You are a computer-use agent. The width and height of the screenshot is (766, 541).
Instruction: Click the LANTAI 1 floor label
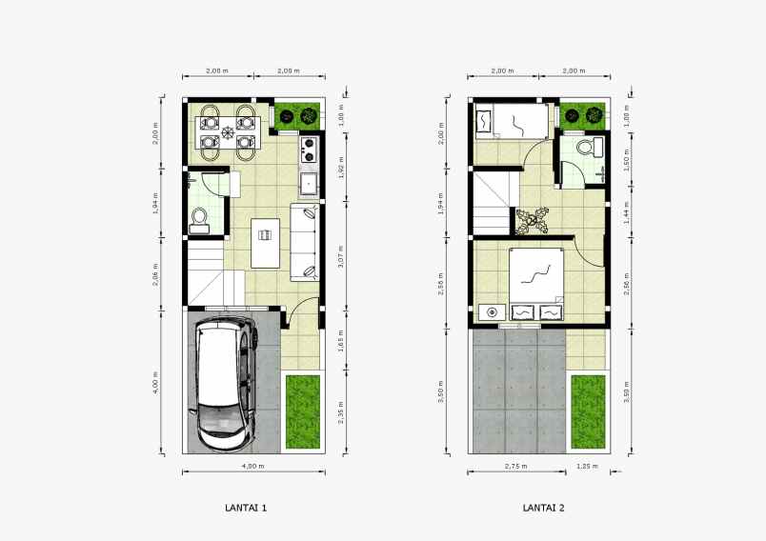(x=245, y=509)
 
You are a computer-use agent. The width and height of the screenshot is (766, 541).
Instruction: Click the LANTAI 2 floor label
(x=543, y=509)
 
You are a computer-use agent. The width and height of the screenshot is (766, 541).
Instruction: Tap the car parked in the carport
(x=225, y=386)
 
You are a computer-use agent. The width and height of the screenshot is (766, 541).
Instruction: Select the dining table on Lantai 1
(x=227, y=131)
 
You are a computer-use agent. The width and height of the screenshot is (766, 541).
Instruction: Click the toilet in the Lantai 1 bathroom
(x=199, y=220)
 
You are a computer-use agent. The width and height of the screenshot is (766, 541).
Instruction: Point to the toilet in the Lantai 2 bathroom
(x=596, y=146)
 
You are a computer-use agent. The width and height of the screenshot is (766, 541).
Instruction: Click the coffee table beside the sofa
(x=265, y=243)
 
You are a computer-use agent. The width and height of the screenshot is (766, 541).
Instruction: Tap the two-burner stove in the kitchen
(x=309, y=149)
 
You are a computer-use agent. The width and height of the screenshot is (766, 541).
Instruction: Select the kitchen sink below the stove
(x=309, y=181)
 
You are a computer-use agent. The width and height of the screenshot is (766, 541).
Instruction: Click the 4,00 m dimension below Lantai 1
(x=253, y=466)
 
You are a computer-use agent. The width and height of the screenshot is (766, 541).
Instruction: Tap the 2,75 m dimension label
(x=515, y=466)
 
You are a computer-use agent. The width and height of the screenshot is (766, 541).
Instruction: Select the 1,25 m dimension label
(x=589, y=466)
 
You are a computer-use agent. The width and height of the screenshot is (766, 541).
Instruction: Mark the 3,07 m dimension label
(x=340, y=256)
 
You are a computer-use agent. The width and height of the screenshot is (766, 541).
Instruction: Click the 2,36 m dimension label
(x=340, y=411)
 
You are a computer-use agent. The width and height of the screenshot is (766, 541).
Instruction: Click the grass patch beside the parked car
(x=304, y=411)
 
